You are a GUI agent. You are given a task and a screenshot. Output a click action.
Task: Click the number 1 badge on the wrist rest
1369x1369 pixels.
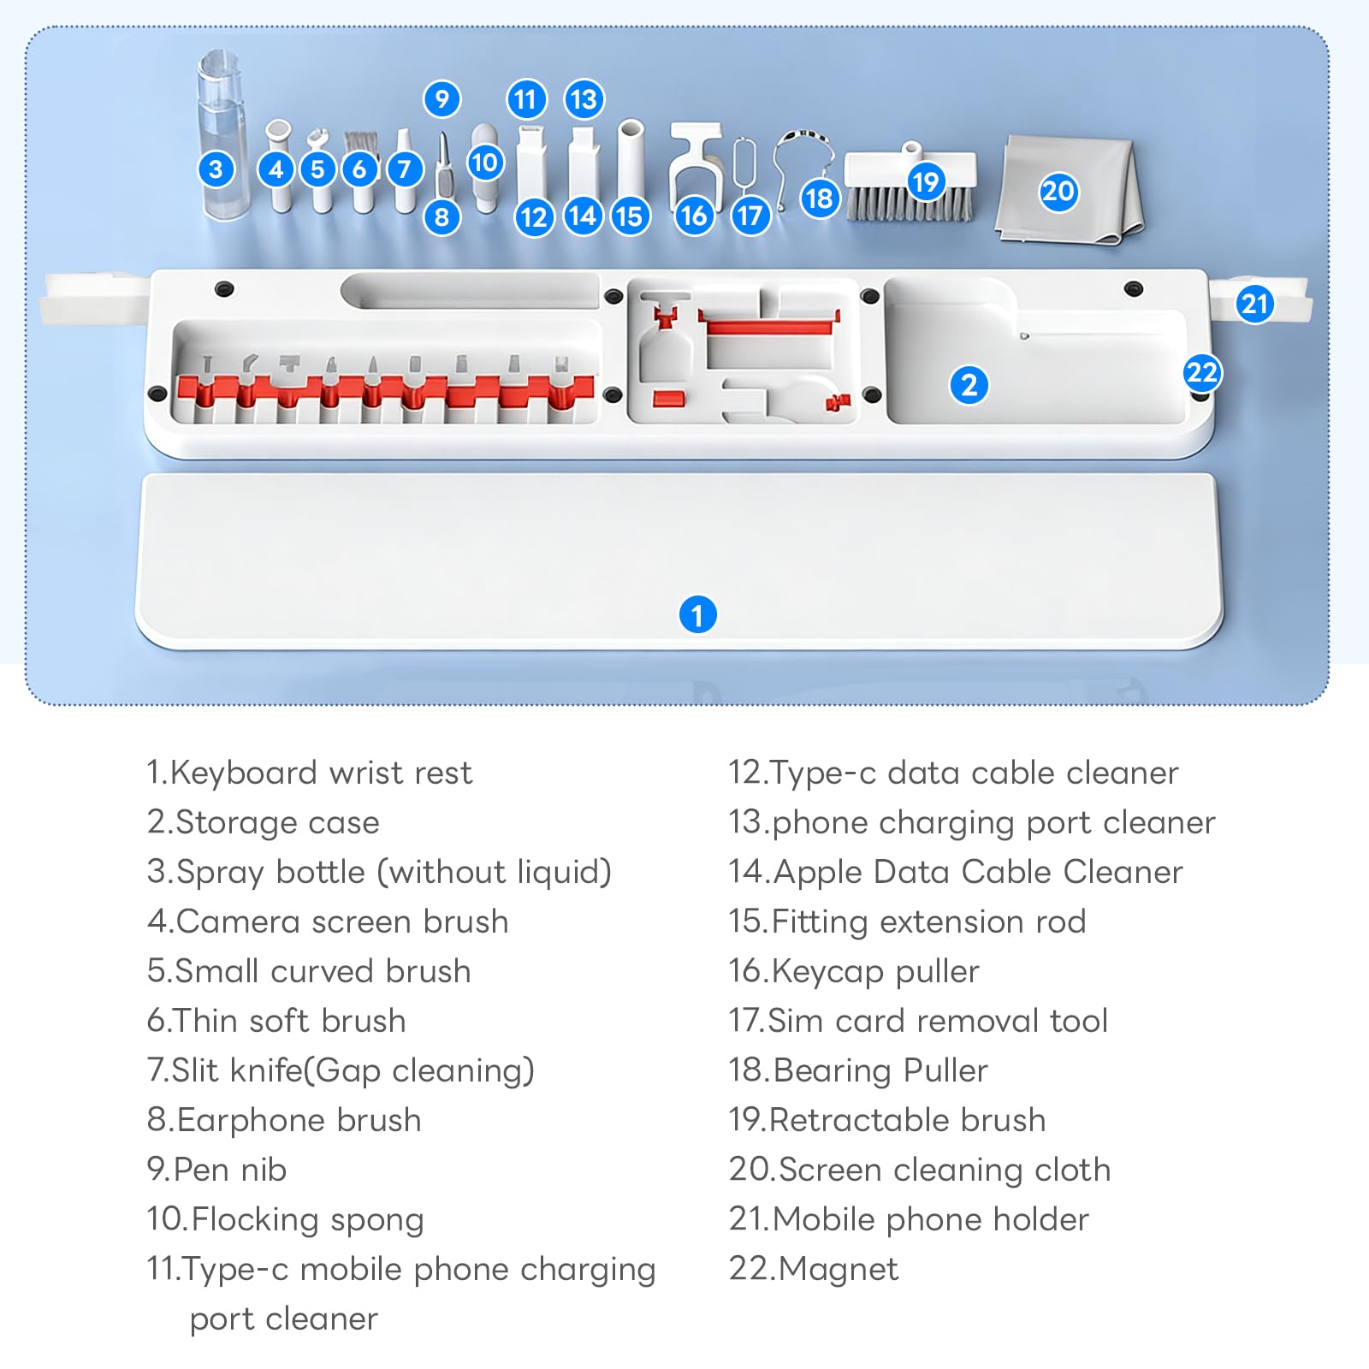pos(697,614)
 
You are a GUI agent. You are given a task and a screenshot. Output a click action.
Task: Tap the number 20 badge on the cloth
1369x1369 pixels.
pos(1058,191)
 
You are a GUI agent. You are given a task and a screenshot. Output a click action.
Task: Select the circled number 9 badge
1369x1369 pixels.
pos(442,99)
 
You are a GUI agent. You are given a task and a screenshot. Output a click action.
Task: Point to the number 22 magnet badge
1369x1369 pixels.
pos(1202,373)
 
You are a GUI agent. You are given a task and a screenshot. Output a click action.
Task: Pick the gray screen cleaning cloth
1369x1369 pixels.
pos(1070,188)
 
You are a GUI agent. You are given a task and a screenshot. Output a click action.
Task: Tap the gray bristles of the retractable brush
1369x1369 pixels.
pos(910,204)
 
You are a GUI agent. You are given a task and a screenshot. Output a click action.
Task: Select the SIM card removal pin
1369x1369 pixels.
pos(744,167)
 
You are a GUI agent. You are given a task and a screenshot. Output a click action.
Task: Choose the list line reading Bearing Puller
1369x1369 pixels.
pos(857,1070)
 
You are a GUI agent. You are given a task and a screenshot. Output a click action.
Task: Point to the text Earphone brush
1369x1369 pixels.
pos(284,1120)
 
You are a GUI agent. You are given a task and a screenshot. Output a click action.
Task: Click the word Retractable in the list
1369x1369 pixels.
pos(847,1120)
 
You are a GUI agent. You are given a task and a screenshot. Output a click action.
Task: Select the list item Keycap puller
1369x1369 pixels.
pos(853,972)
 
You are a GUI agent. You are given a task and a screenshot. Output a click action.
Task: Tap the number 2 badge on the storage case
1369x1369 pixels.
pos(969,385)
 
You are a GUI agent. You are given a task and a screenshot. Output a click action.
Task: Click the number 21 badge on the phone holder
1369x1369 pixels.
pos(1254,304)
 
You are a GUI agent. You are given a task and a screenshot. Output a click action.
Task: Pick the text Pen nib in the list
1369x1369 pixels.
pos(216,1170)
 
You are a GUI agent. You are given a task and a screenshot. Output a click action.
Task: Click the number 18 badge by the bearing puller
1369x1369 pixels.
pos(819,199)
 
